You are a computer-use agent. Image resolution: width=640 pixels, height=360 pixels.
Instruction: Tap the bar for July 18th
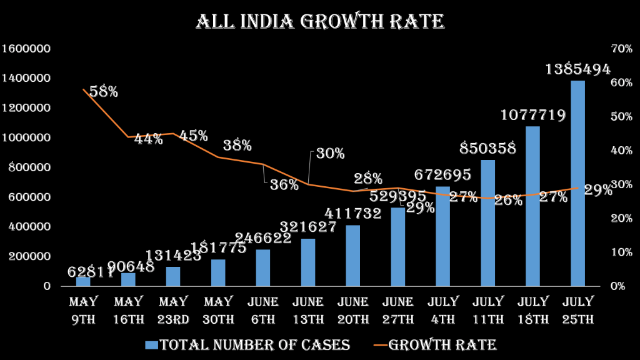(x=532, y=206)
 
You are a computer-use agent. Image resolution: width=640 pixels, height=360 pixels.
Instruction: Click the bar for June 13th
(x=308, y=262)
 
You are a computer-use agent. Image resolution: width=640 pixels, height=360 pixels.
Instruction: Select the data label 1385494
(x=577, y=69)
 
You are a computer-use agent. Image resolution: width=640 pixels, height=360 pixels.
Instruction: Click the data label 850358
(x=488, y=148)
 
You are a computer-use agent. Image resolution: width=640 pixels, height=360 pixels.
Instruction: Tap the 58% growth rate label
(x=104, y=91)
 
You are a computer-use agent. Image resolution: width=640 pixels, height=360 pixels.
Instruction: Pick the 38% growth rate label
(x=237, y=146)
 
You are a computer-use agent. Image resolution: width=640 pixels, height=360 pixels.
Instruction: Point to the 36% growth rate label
(x=284, y=185)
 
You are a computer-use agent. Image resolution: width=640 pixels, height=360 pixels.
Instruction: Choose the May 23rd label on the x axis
(x=173, y=311)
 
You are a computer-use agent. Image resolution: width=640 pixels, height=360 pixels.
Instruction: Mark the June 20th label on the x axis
(x=353, y=311)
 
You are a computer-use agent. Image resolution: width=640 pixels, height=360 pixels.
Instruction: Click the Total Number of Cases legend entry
(x=247, y=345)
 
